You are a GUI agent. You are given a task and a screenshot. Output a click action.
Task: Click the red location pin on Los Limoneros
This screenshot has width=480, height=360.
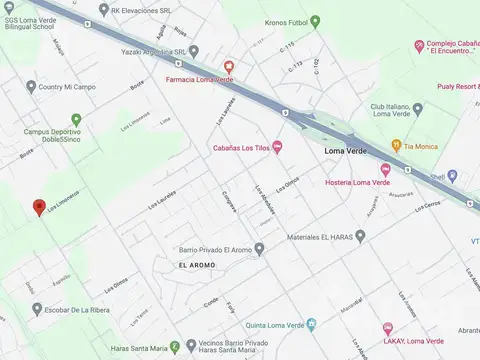coord(38,206)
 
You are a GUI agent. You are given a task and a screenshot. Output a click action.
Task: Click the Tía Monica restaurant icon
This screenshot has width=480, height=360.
coord(396,146)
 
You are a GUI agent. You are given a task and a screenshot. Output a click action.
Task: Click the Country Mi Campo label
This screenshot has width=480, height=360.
coord(66,87)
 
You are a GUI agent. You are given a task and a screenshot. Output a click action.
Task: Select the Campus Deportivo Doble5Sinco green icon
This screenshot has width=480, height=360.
coord(76,119)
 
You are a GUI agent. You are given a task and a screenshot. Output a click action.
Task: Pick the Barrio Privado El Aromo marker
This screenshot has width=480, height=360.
coord(259,249)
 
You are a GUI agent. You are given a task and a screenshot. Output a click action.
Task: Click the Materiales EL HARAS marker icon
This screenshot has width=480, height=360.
coord(360,236)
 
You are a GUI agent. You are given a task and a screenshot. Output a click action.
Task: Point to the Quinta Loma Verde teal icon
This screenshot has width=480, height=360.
coord(310,324)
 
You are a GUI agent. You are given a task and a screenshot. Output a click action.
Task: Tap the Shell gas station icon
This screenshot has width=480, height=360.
coord(452,176)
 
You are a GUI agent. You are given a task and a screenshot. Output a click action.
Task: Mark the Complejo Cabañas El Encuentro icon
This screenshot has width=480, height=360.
coord(419,45)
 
